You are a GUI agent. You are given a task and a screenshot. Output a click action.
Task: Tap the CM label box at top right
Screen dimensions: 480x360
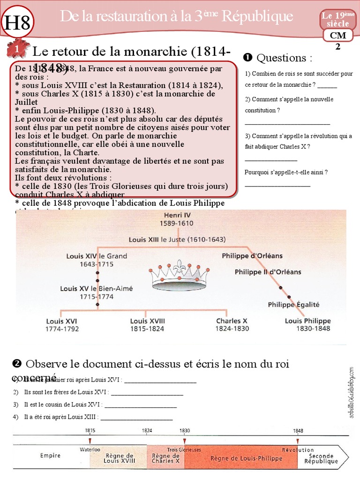pyautogui.click(x=338, y=35)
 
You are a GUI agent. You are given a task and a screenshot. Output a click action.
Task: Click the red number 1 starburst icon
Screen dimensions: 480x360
pyautogui.click(x=17, y=49)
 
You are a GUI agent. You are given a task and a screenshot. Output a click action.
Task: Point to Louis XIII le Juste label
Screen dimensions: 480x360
pyautogui.click(x=177, y=239)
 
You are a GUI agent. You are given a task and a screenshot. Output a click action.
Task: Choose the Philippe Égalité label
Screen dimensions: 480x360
pyautogui.click(x=293, y=304)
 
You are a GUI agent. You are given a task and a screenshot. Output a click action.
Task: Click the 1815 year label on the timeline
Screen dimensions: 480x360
pyautogui.click(x=90, y=430)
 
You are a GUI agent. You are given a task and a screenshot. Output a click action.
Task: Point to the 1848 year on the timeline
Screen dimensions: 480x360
pyautogui.click(x=298, y=430)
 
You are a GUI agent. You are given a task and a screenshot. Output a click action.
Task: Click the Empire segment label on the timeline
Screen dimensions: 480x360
pyautogui.click(x=50, y=455)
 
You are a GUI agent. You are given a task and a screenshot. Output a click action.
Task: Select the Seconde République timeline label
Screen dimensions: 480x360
pyautogui.click(x=321, y=458)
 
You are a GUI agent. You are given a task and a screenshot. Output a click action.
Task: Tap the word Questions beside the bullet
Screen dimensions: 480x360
pyautogui.click(x=284, y=58)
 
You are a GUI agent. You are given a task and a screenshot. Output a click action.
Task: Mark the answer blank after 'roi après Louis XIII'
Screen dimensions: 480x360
pyautogui.click(x=137, y=417)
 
